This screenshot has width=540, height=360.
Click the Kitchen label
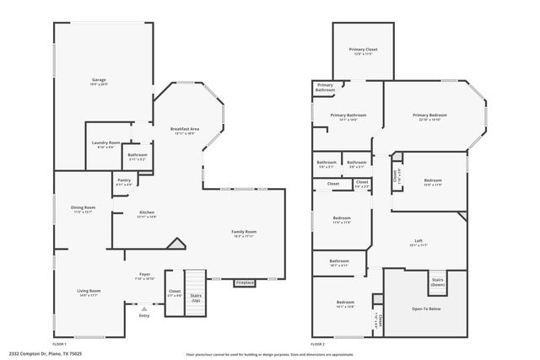click(x=147, y=213)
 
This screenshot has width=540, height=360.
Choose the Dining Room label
click(x=83, y=208)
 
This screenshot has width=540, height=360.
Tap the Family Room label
click(x=245, y=233)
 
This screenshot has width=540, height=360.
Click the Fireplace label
click(x=245, y=282)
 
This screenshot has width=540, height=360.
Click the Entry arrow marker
click(x=144, y=309)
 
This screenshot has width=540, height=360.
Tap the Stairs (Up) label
click(x=196, y=298)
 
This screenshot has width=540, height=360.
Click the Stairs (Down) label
click(x=438, y=282)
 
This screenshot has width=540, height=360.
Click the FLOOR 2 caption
click(x=317, y=344)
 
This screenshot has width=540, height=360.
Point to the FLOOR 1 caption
click(x=59, y=344)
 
